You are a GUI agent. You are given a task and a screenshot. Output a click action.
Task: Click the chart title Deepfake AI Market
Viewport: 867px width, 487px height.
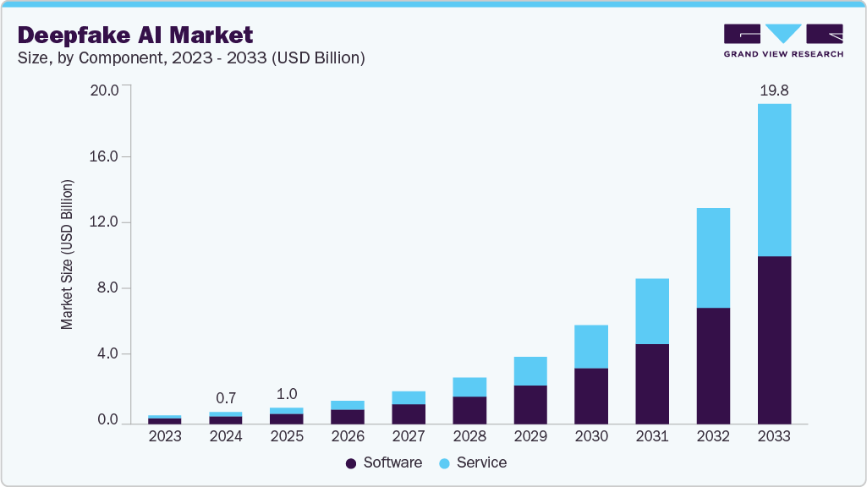click(x=135, y=35)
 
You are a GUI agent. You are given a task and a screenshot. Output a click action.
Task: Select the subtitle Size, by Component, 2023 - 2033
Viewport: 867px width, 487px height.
click(x=191, y=57)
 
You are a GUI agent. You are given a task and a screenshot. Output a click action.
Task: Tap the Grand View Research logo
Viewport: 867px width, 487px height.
click(x=782, y=41)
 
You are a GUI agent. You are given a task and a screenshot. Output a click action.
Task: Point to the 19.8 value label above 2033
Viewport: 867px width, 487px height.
click(x=774, y=90)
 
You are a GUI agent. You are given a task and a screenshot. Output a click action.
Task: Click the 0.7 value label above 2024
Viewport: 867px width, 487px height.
click(x=226, y=398)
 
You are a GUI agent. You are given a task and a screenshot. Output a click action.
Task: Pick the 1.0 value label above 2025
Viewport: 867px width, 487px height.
click(x=287, y=394)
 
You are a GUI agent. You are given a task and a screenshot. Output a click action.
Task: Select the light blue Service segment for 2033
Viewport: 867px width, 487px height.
click(x=774, y=180)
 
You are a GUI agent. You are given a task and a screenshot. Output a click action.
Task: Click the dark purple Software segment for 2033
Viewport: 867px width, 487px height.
click(x=774, y=339)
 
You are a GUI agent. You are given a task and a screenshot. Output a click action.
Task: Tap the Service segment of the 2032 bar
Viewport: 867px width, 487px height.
click(x=713, y=258)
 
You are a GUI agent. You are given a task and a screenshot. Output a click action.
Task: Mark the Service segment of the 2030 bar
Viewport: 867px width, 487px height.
click(x=591, y=347)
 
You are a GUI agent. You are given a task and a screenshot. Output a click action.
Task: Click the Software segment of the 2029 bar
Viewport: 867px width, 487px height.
click(x=530, y=404)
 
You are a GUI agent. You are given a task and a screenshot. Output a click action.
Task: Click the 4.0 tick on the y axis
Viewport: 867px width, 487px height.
click(x=107, y=354)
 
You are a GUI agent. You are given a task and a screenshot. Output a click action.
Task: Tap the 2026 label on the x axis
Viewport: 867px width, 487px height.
click(x=348, y=437)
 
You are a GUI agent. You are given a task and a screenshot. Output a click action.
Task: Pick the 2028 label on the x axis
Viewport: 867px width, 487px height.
click(x=469, y=437)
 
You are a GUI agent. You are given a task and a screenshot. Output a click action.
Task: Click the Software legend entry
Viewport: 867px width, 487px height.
click(x=384, y=462)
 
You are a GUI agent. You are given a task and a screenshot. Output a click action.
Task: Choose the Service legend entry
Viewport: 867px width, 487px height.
click(x=473, y=462)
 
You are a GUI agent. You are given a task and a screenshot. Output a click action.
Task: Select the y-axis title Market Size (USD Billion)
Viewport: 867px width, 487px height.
click(x=67, y=254)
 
